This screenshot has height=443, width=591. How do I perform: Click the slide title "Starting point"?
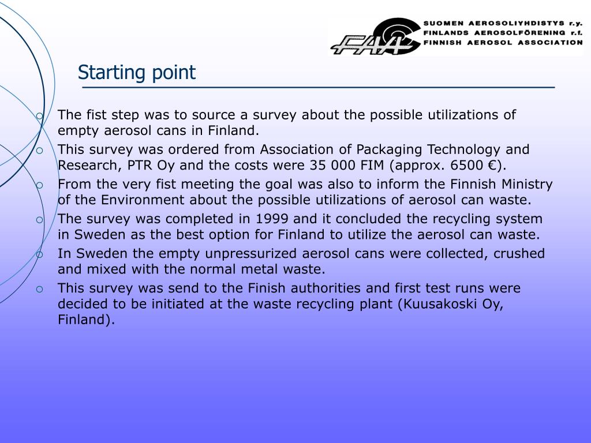click(137, 73)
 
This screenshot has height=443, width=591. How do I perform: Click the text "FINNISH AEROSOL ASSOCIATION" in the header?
click(503, 43)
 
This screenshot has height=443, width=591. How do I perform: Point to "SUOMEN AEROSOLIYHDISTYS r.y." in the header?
click(503, 24)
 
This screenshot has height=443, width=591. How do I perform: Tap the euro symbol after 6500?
click(492, 166)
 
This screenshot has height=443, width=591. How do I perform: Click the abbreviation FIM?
click(373, 166)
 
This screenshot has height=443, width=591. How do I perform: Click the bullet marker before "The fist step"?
click(39, 115)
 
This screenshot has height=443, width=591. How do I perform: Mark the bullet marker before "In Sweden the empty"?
click(39, 254)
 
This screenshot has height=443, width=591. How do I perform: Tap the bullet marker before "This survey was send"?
click(39, 289)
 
